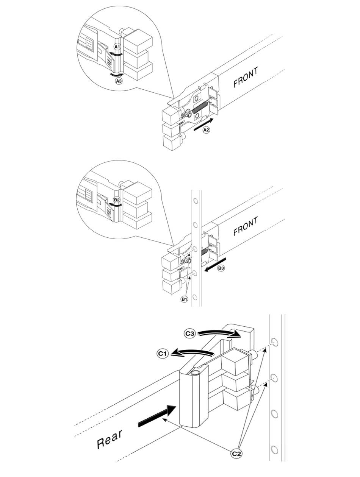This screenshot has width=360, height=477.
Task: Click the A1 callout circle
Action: coord(117,47)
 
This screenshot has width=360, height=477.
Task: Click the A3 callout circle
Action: coord(119,81)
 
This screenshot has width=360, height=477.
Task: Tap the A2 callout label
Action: coord(206,130)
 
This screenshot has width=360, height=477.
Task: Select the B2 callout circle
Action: coord(117,200)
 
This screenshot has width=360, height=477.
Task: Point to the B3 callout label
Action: coord(221,268)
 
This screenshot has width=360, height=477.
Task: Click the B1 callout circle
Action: coord(185,299)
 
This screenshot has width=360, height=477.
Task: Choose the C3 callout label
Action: coord(190,334)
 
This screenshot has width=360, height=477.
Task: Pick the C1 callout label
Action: coord(163,354)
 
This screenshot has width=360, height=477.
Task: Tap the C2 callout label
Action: coord(236,453)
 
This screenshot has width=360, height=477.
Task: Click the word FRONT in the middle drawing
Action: coord(246,226)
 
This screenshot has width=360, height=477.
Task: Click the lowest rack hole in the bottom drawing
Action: coord(274,450)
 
